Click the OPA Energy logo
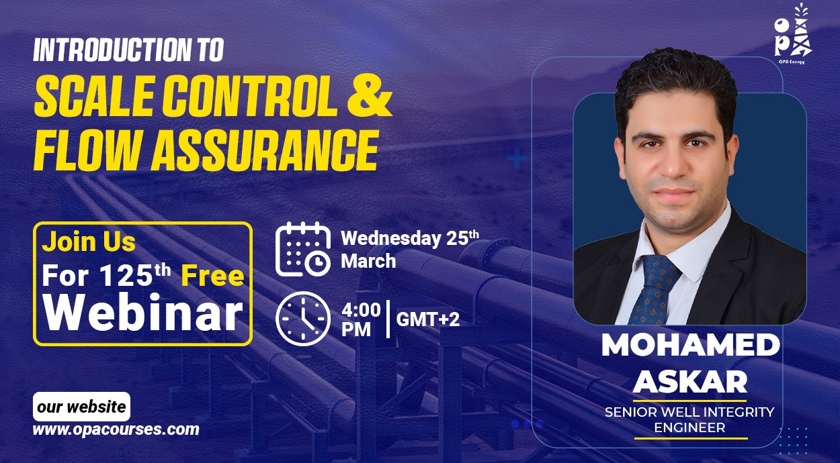pyautogui.click(x=792, y=34)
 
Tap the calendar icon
pyautogui.click(x=303, y=250)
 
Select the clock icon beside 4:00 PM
pyautogui.click(x=303, y=319)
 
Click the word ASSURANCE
pyautogui.click(x=265, y=150)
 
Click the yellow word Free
pyautogui.click(x=212, y=276)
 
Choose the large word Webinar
pyautogui.click(x=143, y=313)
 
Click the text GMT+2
pyautogui.click(x=428, y=319)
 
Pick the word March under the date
pyautogui.click(x=368, y=261)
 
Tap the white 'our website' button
pyautogui.click(x=82, y=407)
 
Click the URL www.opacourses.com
pyautogui.click(x=116, y=429)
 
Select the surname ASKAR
pyautogui.click(x=690, y=382)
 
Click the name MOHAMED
pyautogui.click(x=691, y=345)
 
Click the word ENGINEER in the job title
pyautogui.click(x=690, y=428)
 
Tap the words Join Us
pyautogui.click(x=89, y=242)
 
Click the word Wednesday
pyautogui.click(x=390, y=238)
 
